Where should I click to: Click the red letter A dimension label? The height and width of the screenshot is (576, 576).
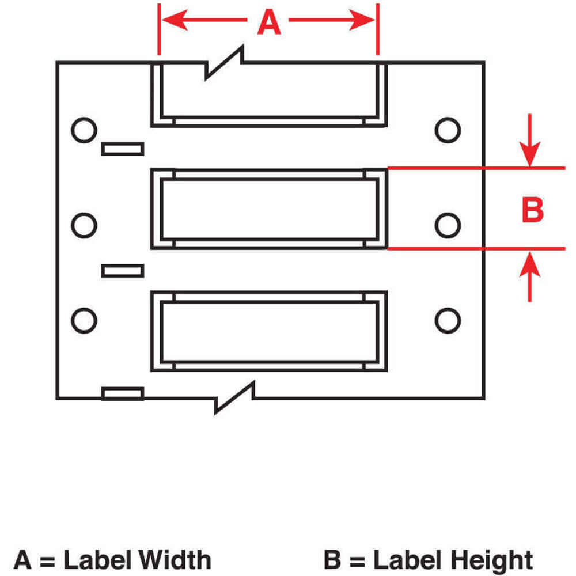pos(268,23)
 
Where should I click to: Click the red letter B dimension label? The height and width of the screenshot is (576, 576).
pos(532,210)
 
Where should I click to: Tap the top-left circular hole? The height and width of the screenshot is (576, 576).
pos(84,130)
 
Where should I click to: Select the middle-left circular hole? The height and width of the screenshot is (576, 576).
pos(84,225)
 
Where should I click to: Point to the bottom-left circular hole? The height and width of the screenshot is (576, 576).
pos(84,320)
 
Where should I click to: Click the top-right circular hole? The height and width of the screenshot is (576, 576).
pos(447,130)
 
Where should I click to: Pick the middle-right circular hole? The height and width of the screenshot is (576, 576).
pos(447,225)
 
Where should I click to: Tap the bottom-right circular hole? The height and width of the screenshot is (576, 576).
pos(447,320)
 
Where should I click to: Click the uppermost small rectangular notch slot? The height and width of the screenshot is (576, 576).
pos(122,149)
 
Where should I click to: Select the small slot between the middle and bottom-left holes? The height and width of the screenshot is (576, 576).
pos(122,270)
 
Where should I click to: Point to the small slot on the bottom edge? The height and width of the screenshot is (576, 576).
pos(122,393)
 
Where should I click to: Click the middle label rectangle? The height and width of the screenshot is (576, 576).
pos(269,209)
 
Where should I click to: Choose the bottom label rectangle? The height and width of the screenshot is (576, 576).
pos(269,331)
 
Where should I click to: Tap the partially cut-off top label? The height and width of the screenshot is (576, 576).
pos(269,95)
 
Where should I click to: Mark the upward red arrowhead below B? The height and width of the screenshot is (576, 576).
pos(530,262)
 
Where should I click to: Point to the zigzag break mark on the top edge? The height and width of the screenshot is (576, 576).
pos(225,63)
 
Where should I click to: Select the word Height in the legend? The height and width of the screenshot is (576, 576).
pos(489,559)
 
